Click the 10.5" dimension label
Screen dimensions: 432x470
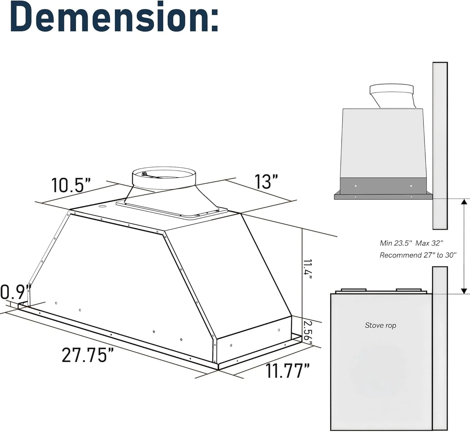71,185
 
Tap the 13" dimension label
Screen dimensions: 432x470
266,182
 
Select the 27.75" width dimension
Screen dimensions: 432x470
88,355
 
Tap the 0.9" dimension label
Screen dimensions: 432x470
13,292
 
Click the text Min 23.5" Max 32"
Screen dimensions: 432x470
411,243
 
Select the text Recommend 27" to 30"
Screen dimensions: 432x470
418,255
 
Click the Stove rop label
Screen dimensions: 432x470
380,325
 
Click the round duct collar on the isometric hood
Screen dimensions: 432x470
164,178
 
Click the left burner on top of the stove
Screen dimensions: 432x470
353,290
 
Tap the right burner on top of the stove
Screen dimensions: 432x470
409,290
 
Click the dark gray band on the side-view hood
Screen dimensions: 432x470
383,186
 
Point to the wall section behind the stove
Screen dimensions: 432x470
440,348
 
